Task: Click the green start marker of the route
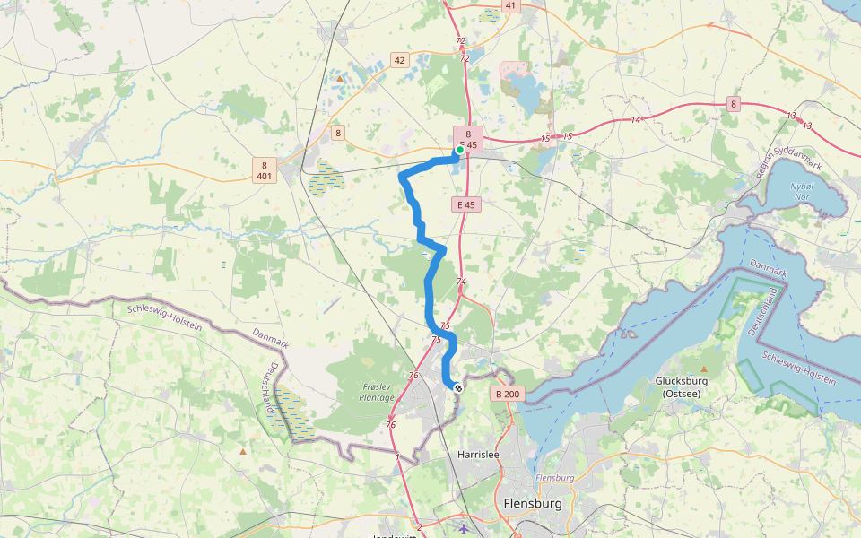[x=459, y=151]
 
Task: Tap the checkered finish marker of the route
[x=458, y=388]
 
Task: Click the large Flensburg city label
[x=533, y=504]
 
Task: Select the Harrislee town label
[x=477, y=455]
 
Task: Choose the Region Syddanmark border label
[x=772, y=162]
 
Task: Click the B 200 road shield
[x=507, y=394]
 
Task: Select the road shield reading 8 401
[x=264, y=170]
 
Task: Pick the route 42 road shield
[x=400, y=61]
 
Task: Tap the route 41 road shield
[x=510, y=5]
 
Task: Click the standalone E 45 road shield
[x=466, y=205]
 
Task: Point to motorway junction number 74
[x=461, y=282]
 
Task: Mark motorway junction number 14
[x=636, y=119]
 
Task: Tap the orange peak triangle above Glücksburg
[x=704, y=369]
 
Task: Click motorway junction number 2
[x=419, y=526]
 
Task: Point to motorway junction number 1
[x=397, y=457]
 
